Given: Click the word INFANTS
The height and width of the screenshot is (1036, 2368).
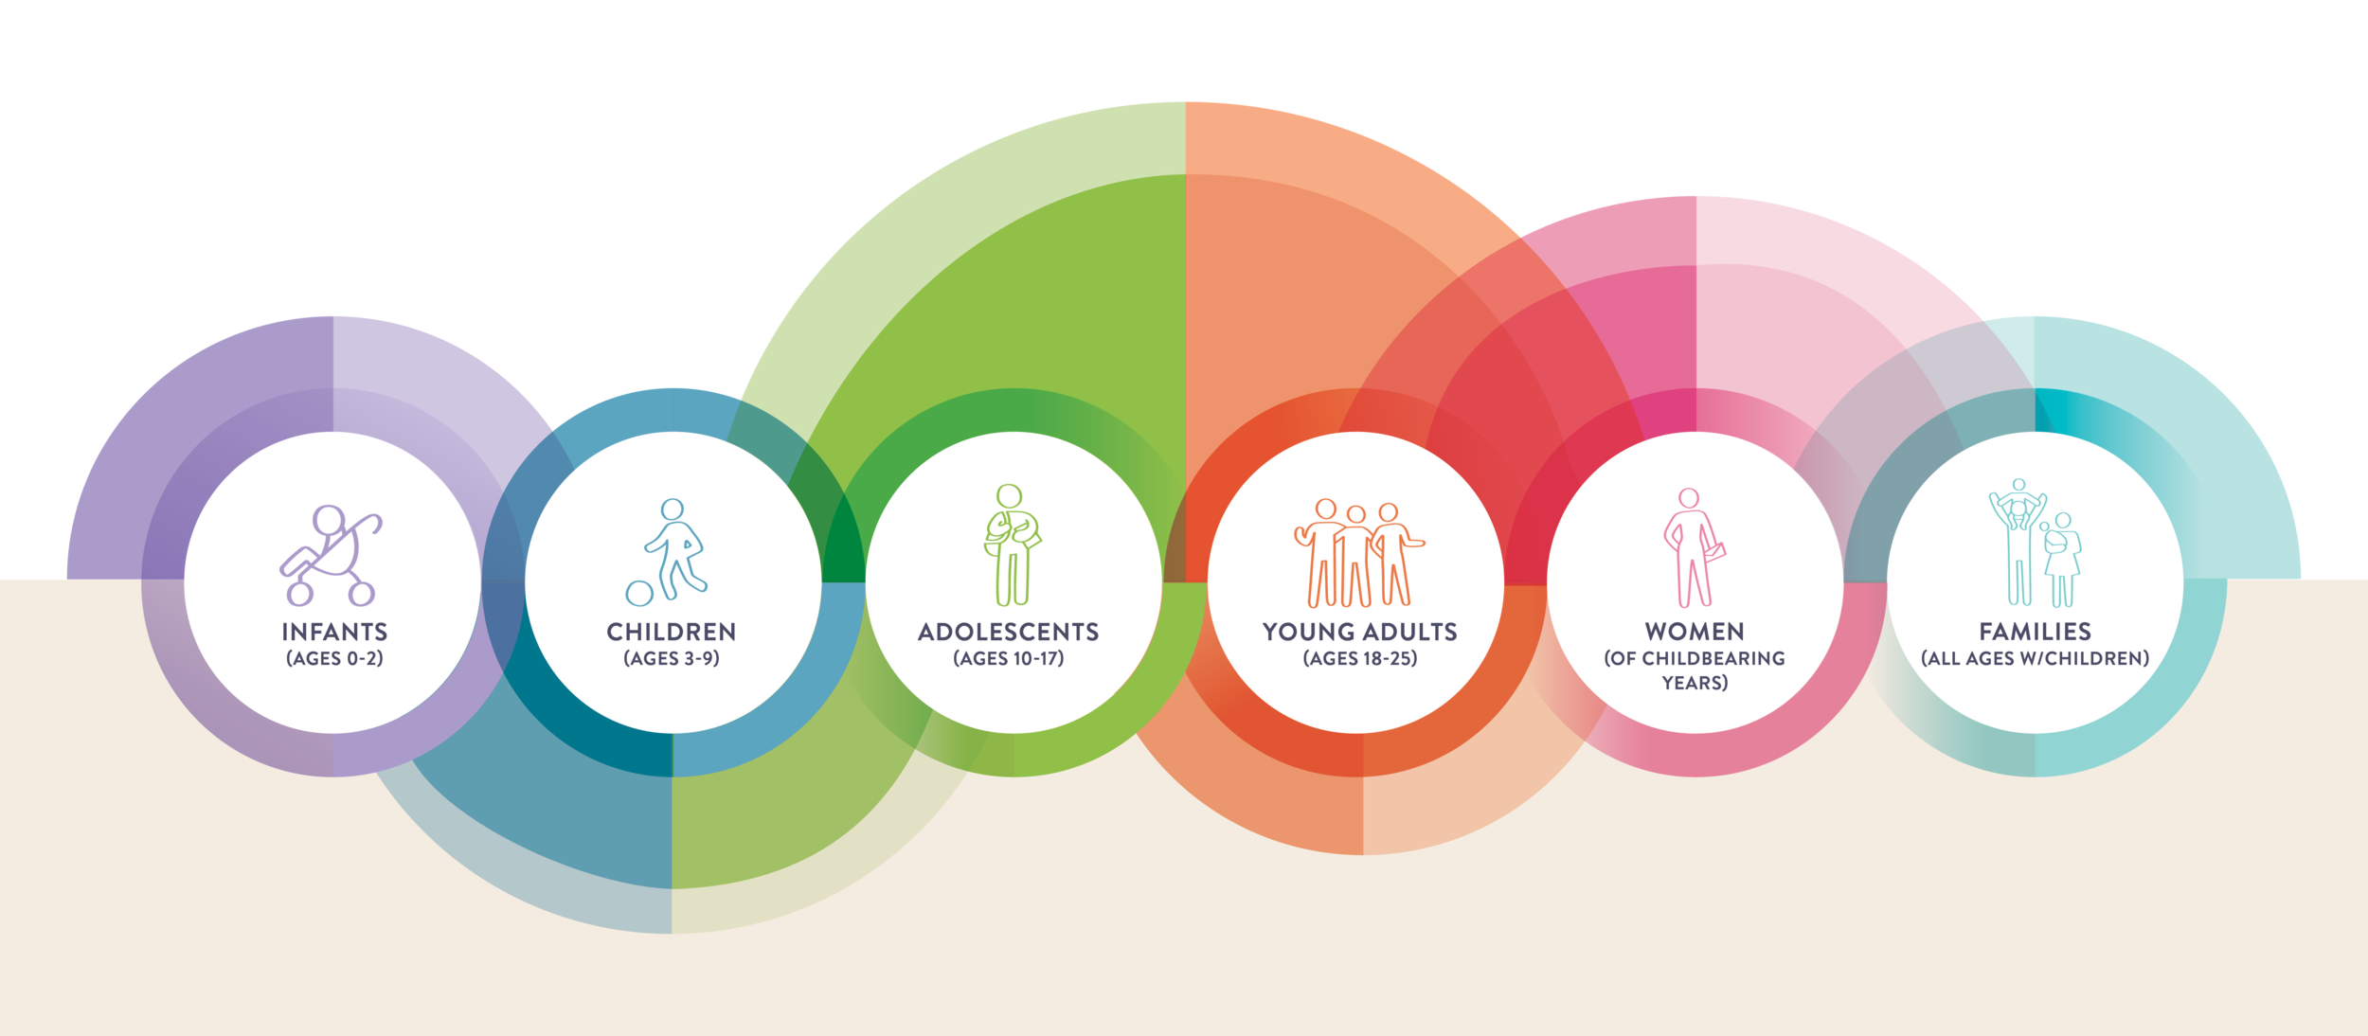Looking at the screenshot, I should (334, 632).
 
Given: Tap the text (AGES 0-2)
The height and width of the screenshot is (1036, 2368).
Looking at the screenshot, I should (334, 658).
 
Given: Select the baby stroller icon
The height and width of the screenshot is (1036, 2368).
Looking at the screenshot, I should (331, 555).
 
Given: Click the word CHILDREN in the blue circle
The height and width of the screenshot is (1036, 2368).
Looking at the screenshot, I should (671, 632).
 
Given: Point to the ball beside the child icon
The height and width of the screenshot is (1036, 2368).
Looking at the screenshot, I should (639, 593).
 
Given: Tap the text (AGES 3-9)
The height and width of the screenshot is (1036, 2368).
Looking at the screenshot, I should (671, 658).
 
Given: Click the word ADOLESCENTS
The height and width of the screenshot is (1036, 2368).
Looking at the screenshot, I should (1008, 632).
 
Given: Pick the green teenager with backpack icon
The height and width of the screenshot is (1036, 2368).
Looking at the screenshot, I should (1011, 545).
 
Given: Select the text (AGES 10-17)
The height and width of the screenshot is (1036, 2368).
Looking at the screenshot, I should (1008, 658).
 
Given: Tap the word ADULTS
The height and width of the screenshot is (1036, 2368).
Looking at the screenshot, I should (1410, 632).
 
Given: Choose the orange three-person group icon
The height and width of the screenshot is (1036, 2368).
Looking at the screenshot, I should (1358, 553).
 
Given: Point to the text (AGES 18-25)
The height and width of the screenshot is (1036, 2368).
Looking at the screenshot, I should (1359, 658).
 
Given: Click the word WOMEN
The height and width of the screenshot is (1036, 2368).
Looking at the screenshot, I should (1695, 632).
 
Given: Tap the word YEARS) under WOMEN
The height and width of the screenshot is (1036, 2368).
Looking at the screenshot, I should (1695, 683).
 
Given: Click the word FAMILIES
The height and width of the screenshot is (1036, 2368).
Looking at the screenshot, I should (2035, 632).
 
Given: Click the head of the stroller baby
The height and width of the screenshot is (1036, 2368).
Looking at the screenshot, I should (328, 520).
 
